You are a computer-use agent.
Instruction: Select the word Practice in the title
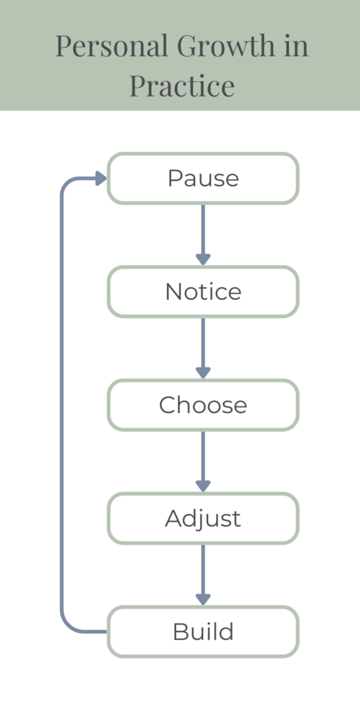click(x=182, y=87)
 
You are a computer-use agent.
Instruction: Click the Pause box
click(x=203, y=179)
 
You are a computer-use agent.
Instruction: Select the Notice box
click(x=203, y=292)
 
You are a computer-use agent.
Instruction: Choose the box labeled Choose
click(x=203, y=405)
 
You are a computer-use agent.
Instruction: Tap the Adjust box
click(x=203, y=518)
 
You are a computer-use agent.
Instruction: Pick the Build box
click(x=203, y=632)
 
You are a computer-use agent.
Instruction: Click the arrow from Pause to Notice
click(x=203, y=231)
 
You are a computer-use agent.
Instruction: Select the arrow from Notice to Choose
click(x=203, y=344)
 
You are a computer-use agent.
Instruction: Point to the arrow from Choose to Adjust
click(x=203, y=457)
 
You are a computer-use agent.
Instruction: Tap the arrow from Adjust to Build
click(x=203, y=571)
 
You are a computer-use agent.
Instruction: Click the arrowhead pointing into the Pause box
click(x=100, y=179)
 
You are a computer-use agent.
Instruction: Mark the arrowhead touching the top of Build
click(x=203, y=599)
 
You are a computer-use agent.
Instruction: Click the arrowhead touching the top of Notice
click(x=203, y=259)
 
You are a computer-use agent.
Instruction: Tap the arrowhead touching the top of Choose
click(x=203, y=372)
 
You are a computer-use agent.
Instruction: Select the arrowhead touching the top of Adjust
click(x=203, y=486)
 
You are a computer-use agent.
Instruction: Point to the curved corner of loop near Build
click(x=68, y=625)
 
